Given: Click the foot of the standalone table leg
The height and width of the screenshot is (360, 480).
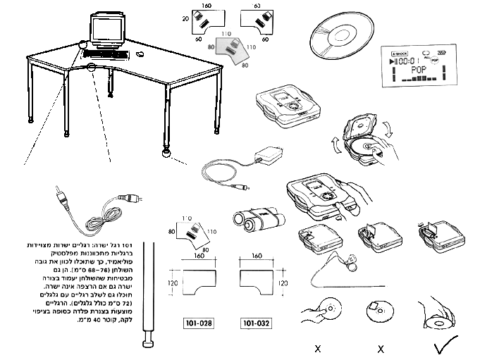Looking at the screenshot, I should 149,343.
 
